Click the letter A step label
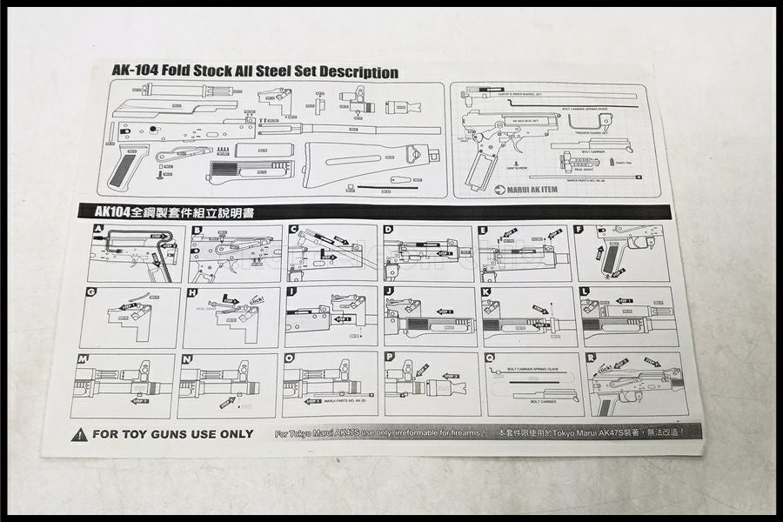99,230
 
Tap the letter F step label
579,230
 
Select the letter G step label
91,291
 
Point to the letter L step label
584,291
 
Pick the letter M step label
83,358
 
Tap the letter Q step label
490,357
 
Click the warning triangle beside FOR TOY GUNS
78,434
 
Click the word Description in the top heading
348,73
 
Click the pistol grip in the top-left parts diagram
126,167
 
